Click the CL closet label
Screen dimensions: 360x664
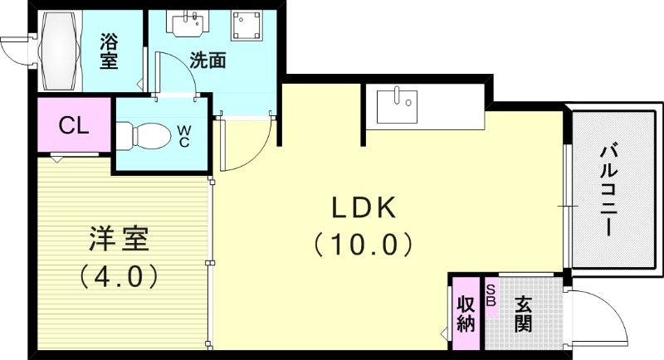(x=74, y=126)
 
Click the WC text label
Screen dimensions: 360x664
(x=184, y=135)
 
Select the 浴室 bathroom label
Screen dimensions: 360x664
(x=110, y=51)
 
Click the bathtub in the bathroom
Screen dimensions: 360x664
(x=59, y=51)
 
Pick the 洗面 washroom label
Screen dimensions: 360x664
(x=208, y=61)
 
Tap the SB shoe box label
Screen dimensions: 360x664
(x=491, y=295)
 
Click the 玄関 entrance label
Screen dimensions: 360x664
(x=522, y=313)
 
